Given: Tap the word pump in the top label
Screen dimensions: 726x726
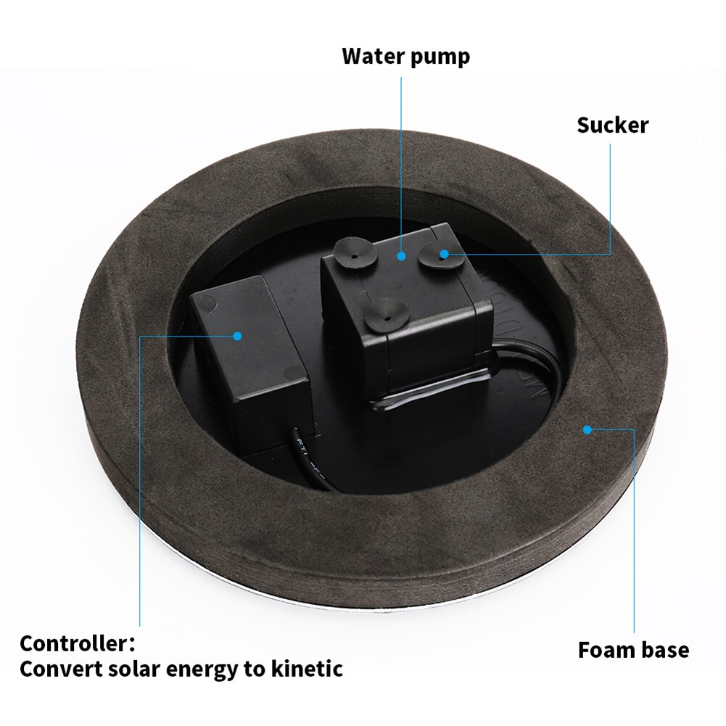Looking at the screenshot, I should pos(440,57).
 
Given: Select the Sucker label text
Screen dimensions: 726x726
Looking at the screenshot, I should pos(612,125).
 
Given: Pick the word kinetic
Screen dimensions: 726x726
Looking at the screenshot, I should pos(308,669).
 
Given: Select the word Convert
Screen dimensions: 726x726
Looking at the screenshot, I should pos(60,669).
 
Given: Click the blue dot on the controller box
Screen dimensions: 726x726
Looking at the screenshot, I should pos(237,335).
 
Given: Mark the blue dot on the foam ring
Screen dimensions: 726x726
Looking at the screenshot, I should pos(587,429).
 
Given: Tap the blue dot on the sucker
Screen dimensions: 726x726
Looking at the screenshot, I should pos(444,253).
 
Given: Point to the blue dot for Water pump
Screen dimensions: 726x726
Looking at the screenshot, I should pos(401,255).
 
